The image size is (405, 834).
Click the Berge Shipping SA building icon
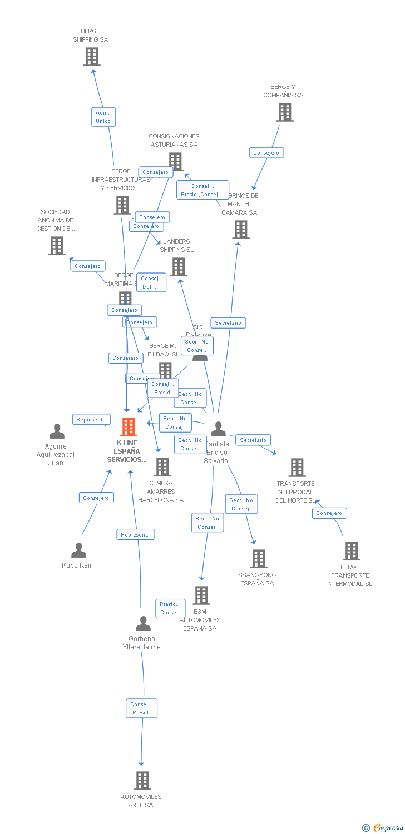(92, 57)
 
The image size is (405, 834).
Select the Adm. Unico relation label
(103, 117)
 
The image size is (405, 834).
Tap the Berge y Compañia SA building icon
(285, 112)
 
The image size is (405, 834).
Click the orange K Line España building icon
(129, 427)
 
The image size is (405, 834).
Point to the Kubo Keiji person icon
(79, 550)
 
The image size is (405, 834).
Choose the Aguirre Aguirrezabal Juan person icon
(57, 431)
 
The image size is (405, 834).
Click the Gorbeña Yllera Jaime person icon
(143, 624)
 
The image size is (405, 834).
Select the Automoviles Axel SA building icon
(142, 781)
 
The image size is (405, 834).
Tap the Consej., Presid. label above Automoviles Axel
(141, 708)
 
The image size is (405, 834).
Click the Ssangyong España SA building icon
(259, 559)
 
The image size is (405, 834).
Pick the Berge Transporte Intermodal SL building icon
(351, 551)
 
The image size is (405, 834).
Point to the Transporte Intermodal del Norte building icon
(297, 468)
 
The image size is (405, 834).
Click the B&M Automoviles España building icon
(201, 595)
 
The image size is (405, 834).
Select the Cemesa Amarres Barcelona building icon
(162, 467)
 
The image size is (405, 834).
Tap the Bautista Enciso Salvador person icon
(218, 429)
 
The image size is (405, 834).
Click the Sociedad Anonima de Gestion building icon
(57, 246)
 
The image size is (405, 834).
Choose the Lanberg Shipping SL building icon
(179, 267)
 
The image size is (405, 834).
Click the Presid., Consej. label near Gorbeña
(170, 608)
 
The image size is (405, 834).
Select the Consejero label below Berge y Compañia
(266, 153)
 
